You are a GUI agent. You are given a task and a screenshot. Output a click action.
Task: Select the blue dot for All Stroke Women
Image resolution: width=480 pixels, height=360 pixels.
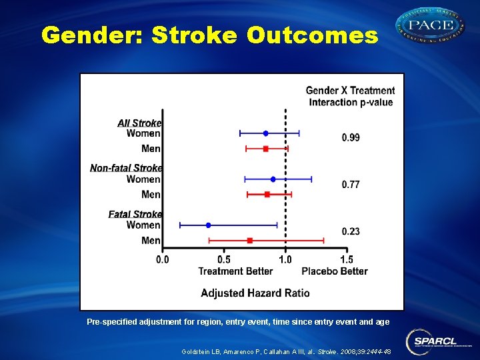point(265,133)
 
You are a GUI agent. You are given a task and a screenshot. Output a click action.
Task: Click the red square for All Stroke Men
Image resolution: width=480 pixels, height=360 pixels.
point(265,149)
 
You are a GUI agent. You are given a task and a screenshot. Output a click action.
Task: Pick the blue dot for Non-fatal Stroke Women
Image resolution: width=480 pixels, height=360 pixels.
point(273,179)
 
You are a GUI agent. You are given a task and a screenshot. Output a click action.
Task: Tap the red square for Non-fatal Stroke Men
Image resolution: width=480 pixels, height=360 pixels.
point(267,195)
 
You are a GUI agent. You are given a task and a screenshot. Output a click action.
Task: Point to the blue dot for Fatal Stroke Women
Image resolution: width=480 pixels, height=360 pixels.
point(208,225)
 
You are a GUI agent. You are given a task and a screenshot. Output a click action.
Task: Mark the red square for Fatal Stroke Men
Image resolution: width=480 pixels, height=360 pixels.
point(249,240)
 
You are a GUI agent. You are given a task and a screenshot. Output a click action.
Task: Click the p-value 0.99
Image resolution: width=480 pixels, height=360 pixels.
point(351,138)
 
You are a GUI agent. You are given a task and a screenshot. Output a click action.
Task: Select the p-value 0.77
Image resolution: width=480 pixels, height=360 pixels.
point(351,185)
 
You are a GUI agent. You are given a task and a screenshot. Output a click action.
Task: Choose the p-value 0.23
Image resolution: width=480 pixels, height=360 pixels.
point(351,231)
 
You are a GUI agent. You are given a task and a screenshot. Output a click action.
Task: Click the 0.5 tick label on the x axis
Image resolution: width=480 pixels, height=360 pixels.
point(224,259)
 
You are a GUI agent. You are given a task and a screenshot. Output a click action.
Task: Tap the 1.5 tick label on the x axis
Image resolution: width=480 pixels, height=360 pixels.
point(347,259)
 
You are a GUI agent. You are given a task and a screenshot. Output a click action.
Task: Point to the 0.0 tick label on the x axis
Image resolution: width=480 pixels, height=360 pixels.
point(163,259)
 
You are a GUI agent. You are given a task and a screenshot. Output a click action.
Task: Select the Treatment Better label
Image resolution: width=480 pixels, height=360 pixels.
point(235,271)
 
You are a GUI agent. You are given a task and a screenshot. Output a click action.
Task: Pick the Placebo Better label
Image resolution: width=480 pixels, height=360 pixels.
point(335,271)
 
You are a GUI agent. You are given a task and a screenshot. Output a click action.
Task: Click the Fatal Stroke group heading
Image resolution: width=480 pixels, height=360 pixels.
point(135,214)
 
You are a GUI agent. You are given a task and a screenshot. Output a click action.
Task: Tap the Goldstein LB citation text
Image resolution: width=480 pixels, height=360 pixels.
point(286,351)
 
